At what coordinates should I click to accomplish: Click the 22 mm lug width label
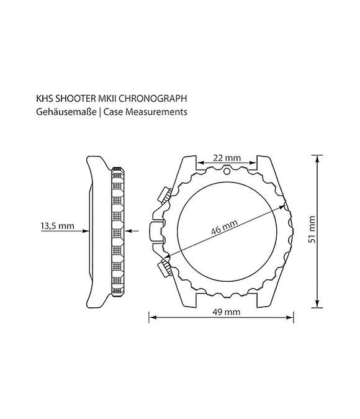pyautogui.click(x=227, y=158)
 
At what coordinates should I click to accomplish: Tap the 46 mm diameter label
pyautogui.click(x=224, y=227)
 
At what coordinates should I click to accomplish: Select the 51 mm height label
pyautogui.click(x=312, y=229)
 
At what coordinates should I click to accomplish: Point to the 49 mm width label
pyautogui.click(x=227, y=312)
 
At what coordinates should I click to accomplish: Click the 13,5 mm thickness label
pyautogui.click(x=57, y=226)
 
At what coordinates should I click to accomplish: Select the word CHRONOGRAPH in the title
pyautogui.click(x=152, y=98)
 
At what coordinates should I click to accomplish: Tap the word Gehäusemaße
pyautogui.click(x=66, y=112)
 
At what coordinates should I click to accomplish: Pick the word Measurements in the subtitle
pyautogui.click(x=156, y=112)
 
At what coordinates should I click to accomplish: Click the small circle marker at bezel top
pyautogui.click(x=227, y=171)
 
